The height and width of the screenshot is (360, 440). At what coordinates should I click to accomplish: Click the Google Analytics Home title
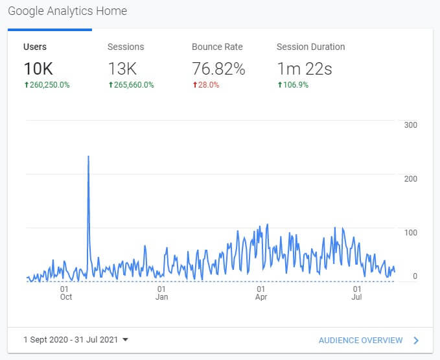pos(67,11)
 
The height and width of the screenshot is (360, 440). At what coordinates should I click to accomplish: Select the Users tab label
pos(35,47)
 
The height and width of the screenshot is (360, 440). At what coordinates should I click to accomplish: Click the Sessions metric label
pos(126,47)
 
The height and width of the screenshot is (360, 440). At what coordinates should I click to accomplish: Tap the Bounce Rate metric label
pos(217,47)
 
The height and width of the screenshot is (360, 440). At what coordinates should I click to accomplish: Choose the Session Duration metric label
pos(310,47)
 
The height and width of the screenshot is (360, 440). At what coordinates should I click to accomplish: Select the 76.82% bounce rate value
pos(218,69)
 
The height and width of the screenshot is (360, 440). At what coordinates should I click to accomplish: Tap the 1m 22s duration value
pos(304,69)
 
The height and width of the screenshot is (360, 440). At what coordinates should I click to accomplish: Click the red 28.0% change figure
pos(208,85)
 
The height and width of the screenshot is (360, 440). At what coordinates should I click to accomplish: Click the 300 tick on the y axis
pos(410,125)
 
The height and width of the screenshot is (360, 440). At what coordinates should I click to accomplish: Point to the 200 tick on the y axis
pos(410,178)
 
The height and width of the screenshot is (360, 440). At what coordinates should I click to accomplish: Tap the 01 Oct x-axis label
pos(65,293)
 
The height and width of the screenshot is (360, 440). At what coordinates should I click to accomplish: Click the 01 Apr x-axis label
pos(261,293)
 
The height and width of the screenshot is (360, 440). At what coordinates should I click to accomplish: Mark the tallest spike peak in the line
pos(88,156)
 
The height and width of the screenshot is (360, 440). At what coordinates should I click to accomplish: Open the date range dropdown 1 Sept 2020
pos(76,339)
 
